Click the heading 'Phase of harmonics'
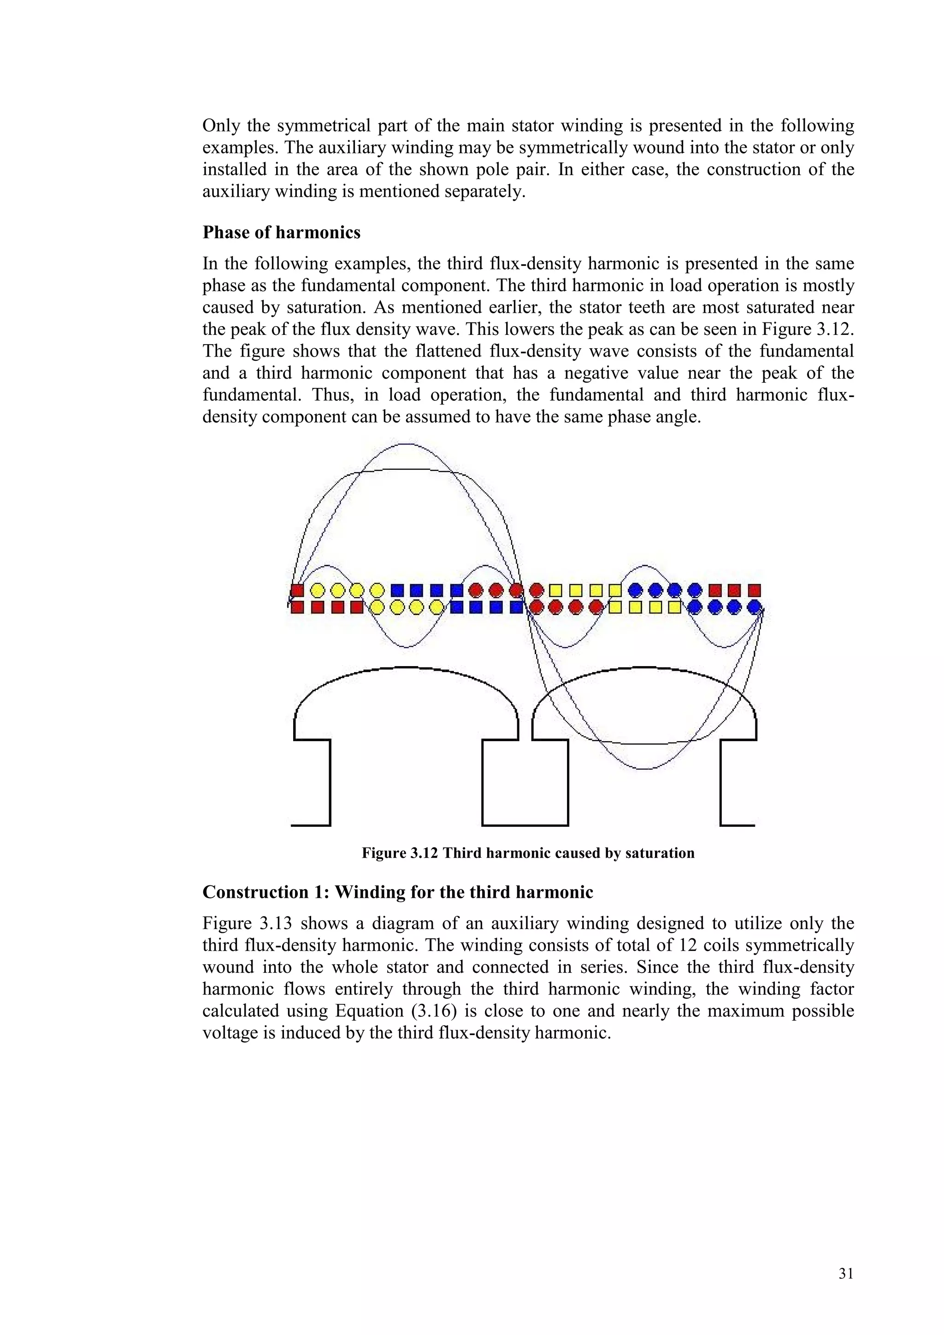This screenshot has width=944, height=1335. (282, 233)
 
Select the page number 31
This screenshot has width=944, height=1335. (846, 1273)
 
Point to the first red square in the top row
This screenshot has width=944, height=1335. (297, 591)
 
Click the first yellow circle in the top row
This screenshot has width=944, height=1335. (318, 591)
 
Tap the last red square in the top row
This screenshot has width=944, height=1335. (755, 591)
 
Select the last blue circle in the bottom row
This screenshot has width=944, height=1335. (755, 608)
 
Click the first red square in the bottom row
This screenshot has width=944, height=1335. (297, 608)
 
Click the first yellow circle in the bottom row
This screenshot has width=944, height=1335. (377, 608)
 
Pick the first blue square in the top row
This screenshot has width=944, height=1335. (397, 591)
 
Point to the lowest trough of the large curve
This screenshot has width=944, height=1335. (644, 769)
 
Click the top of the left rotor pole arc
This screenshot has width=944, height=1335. (406, 667)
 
